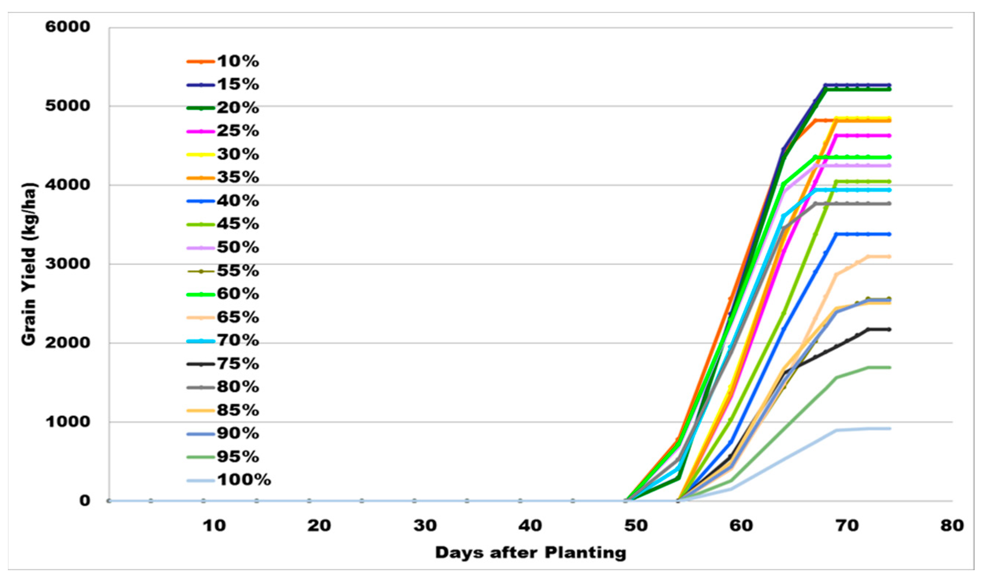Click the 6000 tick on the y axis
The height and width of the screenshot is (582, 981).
tap(67, 27)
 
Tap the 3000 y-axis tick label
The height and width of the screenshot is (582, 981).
tap(67, 264)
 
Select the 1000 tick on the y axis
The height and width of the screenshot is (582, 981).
tap(67, 421)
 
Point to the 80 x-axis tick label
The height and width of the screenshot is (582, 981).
tap(952, 526)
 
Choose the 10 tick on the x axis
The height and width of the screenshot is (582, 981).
tap(214, 526)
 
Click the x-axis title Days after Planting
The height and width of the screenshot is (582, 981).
tap(531, 553)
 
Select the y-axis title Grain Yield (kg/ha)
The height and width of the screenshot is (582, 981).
tap(29, 264)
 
